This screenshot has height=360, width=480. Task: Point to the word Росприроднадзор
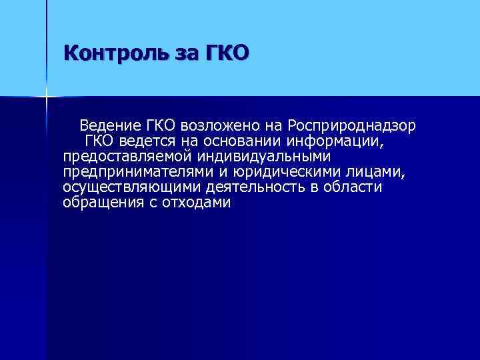(x=353, y=125)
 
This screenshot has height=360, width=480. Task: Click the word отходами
(x=197, y=204)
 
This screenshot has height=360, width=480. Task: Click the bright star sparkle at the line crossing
(x=47, y=97)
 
